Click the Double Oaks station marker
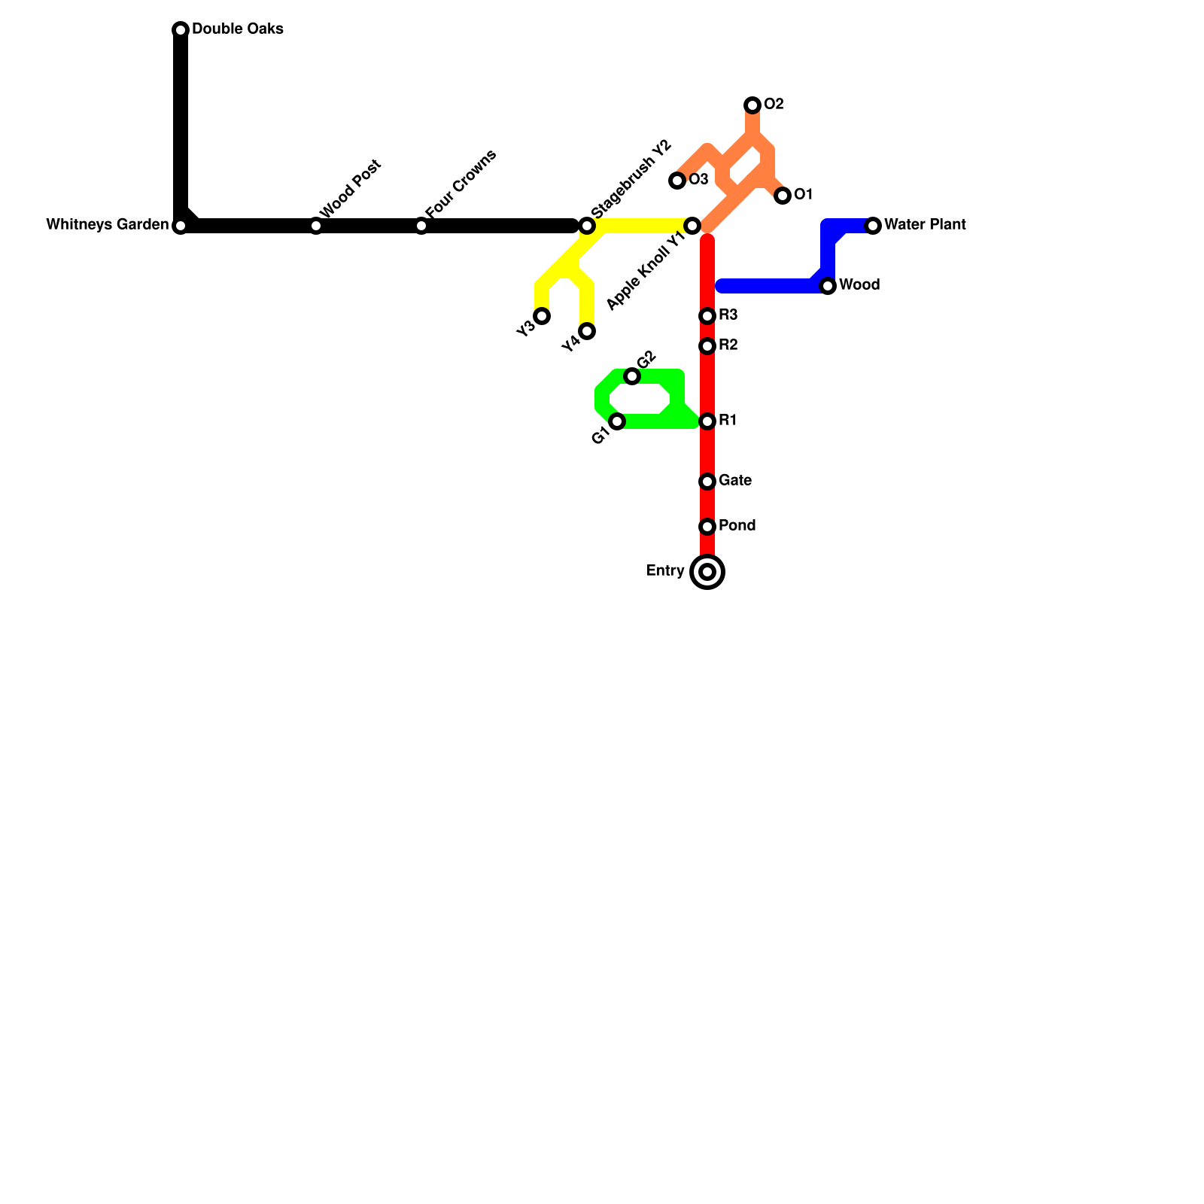click(x=181, y=30)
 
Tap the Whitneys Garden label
click(x=107, y=225)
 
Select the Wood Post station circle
click(x=316, y=226)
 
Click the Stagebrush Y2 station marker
click(x=587, y=226)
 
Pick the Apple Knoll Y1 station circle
click(x=692, y=226)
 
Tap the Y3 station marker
click(x=542, y=316)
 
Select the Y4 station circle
click(x=587, y=331)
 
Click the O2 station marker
click(x=752, y=105)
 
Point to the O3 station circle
click(x=677, y=181)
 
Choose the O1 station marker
click(x=783, y=196)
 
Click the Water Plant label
click(x=925, y=225)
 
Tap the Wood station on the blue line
click(x=828, y=286)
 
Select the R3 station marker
click(x=707, y=316)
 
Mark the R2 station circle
click(x=707, y=346)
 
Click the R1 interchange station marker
click(x=707, y=421)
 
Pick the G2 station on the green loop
click(x=632, y=376)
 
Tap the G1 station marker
click(x=617, y=421)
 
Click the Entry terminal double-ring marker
click(x=707, y=572)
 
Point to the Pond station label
click(x=737, y=526)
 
